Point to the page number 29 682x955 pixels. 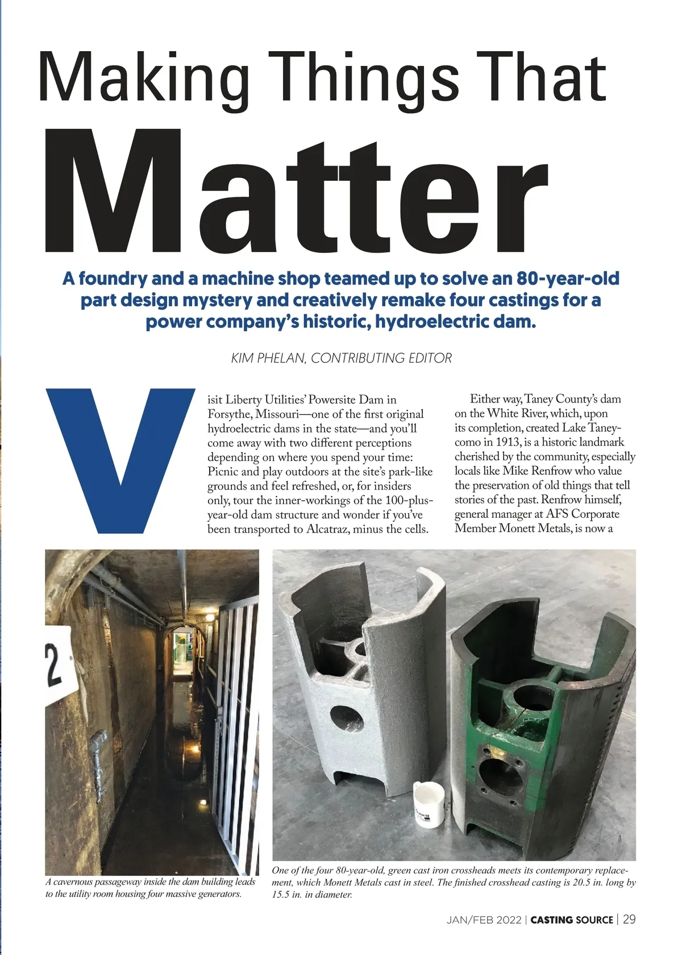(x=629, y=919)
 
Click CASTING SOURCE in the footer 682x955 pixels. (x=572, y=920)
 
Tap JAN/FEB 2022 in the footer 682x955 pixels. (x=484, y=920)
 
